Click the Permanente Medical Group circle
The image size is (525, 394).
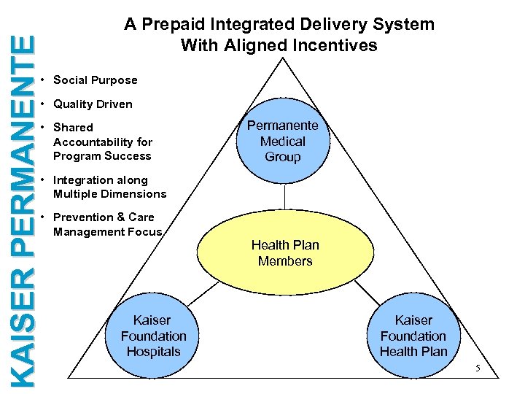pyautogui.click(x=283, y=141)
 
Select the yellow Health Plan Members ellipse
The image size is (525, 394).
pyautogui.click(x=285, y=253)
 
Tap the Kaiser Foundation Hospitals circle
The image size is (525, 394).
pyautogui.click(x=153, y=336)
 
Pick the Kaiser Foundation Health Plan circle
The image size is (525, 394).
pyautogui.click(x=413, y=336)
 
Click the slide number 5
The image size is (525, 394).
pyautogui.click(x=478, y=368)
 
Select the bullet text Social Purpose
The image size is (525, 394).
pyautogui.click(x=95, y=80)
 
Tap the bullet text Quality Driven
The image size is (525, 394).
pyautogui.click(x=93, y=104)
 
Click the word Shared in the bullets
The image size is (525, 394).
pyautogui.click(x=73, y=128)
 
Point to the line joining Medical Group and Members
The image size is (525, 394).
pyautogui.click(x=284, y=197)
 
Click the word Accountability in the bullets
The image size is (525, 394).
pyautogui.click(x=103, y=142)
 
